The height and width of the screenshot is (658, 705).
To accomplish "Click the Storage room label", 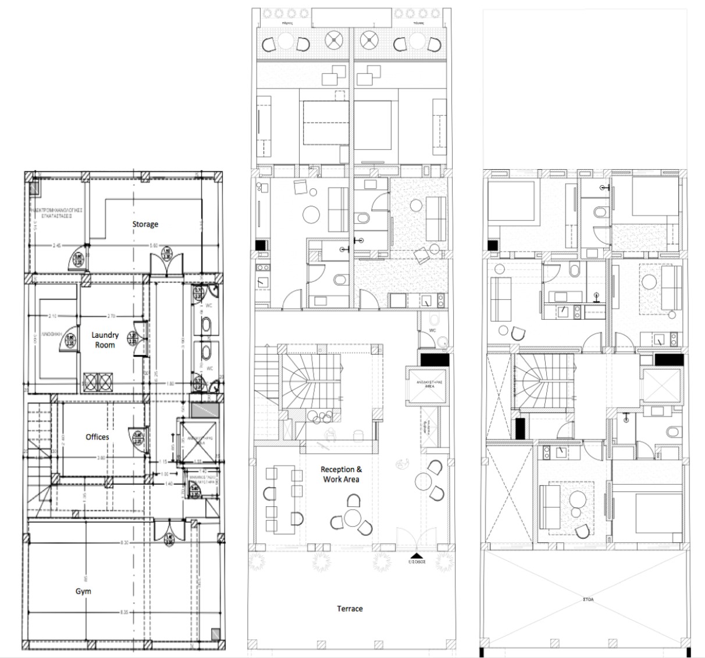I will pos(145,224).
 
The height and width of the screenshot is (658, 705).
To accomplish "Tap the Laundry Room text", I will pos(105,340).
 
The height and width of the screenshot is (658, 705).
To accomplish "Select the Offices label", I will pos(97,437).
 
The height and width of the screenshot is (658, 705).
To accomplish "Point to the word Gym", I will pos(83,591).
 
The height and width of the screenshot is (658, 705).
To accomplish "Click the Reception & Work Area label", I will pos(341,474).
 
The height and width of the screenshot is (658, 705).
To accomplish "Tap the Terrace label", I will pos(350,609).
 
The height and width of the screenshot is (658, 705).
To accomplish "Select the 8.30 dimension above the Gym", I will pos(124,542).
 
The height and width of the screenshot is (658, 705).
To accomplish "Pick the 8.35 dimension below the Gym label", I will pos(124,612).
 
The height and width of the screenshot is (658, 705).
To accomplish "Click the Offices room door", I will pos(138,437).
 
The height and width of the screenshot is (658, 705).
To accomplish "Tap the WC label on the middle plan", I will pos(432,330).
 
